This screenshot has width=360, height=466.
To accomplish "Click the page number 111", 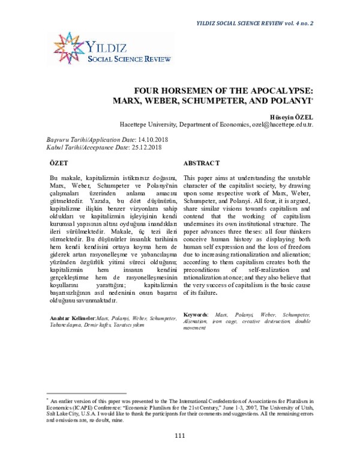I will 179,451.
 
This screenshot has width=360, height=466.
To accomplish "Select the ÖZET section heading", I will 58,163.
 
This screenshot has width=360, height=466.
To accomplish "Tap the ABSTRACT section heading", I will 201,163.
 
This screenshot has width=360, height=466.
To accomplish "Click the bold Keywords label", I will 195,314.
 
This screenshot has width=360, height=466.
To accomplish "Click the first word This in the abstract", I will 188,178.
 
